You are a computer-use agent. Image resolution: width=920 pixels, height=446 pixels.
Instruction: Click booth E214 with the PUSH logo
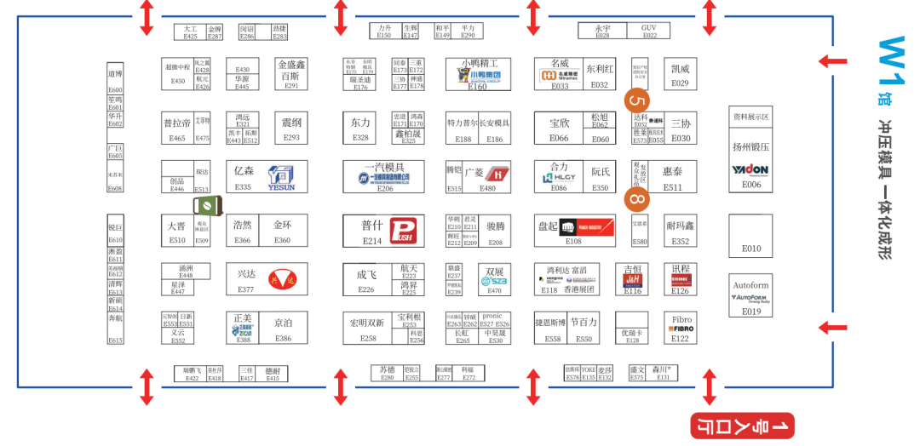tap(384, 231)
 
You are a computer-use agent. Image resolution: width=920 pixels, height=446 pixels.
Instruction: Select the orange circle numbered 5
tap(635, 100)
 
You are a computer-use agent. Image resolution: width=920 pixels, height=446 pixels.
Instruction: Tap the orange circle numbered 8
tap(636, 199)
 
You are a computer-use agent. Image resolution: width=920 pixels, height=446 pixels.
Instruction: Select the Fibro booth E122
tap(680, 329)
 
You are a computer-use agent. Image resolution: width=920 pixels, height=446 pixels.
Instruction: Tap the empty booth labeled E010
tap(750, 236)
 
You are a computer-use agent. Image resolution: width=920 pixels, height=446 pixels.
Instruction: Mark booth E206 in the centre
tap(384, 176)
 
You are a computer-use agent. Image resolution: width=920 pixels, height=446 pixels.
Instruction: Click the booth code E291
tap(291, 85)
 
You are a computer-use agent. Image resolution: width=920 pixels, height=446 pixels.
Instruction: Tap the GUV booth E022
tap(649, 31)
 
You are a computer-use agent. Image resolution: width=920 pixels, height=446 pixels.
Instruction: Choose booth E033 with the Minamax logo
tap(560, 74)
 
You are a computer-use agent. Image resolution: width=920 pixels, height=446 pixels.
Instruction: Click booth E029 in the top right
tap(680, 74)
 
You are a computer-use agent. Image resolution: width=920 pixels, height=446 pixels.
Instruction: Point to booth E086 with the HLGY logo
tap(559, 177)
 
